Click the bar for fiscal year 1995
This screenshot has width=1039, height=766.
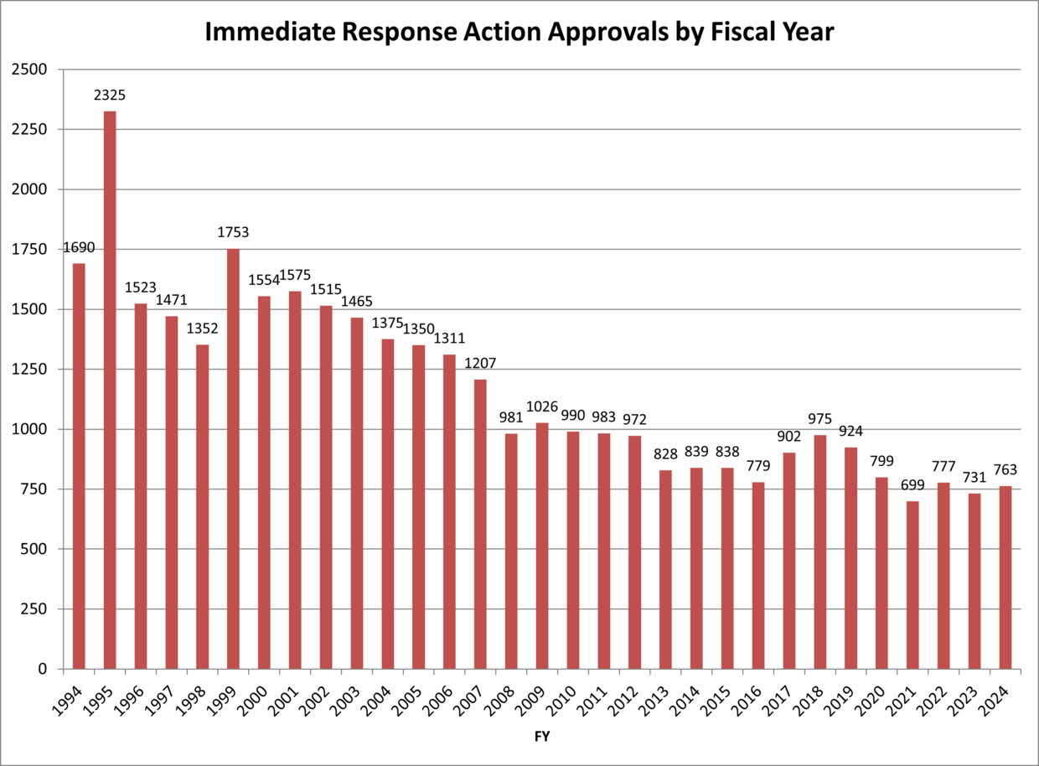pos(110,390)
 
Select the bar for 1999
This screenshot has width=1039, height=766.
pos(233,458)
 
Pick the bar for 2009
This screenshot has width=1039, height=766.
pos(542,546)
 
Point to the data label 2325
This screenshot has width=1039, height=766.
pos(110,96)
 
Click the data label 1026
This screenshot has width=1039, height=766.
pos(542,406)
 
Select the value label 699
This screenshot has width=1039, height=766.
pos(912,485)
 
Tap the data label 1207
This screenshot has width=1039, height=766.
pos(480,364)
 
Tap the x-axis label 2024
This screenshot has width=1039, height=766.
pos(996,694)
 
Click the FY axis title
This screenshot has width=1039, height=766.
pos(541,737)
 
